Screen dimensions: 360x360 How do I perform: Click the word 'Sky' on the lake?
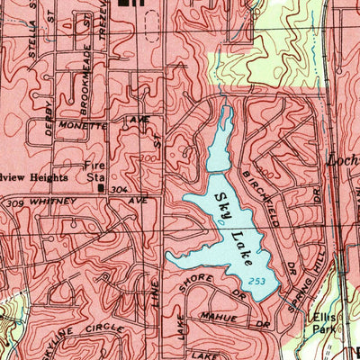219,206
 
